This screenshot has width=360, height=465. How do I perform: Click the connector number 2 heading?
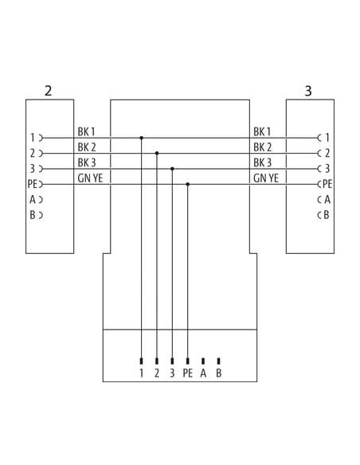[x=48, y=91]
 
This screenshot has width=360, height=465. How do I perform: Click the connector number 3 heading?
[x=308, y=91]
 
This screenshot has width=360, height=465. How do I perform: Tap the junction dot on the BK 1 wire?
[x=142, y=138]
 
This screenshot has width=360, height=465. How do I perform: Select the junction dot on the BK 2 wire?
[x=157, y=154]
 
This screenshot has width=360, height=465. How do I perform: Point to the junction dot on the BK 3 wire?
[x=172, y=169]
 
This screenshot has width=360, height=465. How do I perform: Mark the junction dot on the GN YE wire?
[x=188, y=184]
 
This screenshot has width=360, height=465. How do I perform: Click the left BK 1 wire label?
[x=86, y=131]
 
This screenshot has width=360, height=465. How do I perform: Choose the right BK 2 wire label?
[x=263, y=147]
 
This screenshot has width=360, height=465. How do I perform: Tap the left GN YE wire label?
[x=90, y=178]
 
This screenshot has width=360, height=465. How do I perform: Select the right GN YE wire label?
[x=266, y=178]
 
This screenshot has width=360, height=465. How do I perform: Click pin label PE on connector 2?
[x=33, y=184]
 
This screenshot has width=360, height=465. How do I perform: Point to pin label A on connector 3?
[x=327, y=200]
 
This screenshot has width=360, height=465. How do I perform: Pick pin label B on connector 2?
[x=33, y=215]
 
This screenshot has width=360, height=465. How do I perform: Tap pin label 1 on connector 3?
[x=327, y=138]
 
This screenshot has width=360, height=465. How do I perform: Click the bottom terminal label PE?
[x=188, y=373]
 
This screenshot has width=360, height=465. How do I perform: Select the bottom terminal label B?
[x=218, y=373]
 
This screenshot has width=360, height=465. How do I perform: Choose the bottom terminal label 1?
[x=142, y=373]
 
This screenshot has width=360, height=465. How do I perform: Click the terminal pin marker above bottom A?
[x=203, y=361]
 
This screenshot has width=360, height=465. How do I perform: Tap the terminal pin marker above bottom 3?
[x=172, y=361]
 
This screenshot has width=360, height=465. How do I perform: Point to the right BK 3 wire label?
[x=263, y=162]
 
